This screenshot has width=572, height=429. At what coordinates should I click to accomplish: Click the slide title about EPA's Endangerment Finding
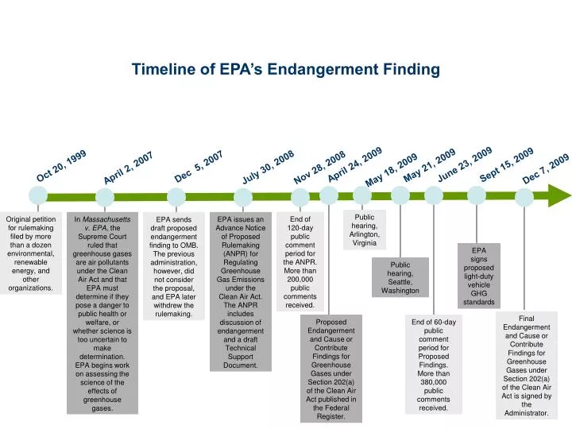click(285, 70)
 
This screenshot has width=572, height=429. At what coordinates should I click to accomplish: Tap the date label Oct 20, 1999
click(61, 165)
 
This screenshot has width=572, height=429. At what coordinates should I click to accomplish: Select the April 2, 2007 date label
click(128, 169)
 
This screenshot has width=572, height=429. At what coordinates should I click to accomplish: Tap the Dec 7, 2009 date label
click(546, 169)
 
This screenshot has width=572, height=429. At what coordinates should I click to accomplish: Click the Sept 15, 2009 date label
click(507, 164)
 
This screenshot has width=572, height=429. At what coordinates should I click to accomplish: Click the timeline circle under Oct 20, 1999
click(37, 195)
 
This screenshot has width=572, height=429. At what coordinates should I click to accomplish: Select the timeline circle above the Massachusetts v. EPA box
click(105, 196)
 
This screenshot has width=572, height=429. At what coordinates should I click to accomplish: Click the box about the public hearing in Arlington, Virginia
click(364, 230)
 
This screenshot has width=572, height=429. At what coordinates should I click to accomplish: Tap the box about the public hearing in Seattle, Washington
click(400, 277)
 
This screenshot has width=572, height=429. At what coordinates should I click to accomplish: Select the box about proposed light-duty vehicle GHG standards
click(478, 276)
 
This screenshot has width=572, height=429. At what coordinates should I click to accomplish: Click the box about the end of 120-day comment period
click(300, 261)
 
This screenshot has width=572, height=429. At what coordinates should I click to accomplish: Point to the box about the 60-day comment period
click(433, 364)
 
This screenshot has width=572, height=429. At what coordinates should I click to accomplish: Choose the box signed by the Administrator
click(526, 365)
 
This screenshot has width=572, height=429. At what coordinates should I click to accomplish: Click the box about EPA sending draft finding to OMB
click(173, 266)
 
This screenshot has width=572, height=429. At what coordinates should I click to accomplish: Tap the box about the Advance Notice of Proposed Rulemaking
click(240, 291)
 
